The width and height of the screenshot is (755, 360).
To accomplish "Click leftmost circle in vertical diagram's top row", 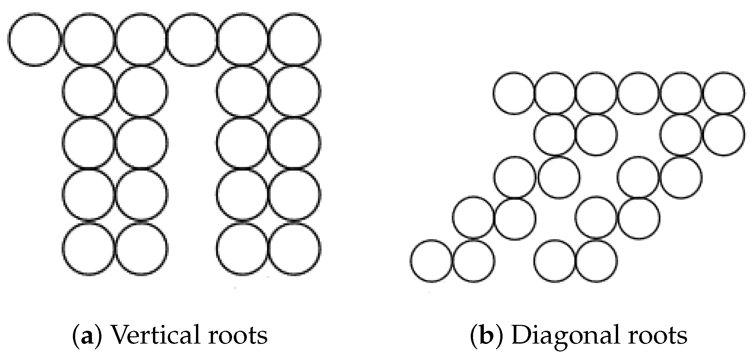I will [x=34, y=40].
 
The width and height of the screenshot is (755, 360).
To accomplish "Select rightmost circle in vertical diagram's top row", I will [x=294, y=40].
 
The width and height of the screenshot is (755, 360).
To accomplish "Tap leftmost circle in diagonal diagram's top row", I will [x=514, y=93].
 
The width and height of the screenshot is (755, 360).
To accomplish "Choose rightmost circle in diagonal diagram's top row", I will [x=724, y=93].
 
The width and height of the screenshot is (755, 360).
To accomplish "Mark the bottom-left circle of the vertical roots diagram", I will [x=89, y=249].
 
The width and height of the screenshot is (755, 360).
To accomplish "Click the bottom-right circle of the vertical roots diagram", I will [x=294, y=249].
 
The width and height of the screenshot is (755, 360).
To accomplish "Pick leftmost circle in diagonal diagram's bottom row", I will [x=431, y=261].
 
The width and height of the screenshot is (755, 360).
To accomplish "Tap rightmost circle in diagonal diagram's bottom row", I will [x=596, y=261].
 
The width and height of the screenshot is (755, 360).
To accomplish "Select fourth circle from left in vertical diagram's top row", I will [x=192, y=40].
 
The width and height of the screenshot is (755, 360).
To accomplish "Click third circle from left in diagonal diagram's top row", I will [x=596, y=93].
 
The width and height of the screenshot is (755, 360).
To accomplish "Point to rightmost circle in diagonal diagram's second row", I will [x=724, y=135].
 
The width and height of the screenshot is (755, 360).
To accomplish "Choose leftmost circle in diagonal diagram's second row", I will [x=555, y=135].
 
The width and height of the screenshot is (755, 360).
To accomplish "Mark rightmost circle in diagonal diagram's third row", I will [x=681, y=177].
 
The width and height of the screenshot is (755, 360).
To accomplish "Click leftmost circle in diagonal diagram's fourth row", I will [x=473, y=217].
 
